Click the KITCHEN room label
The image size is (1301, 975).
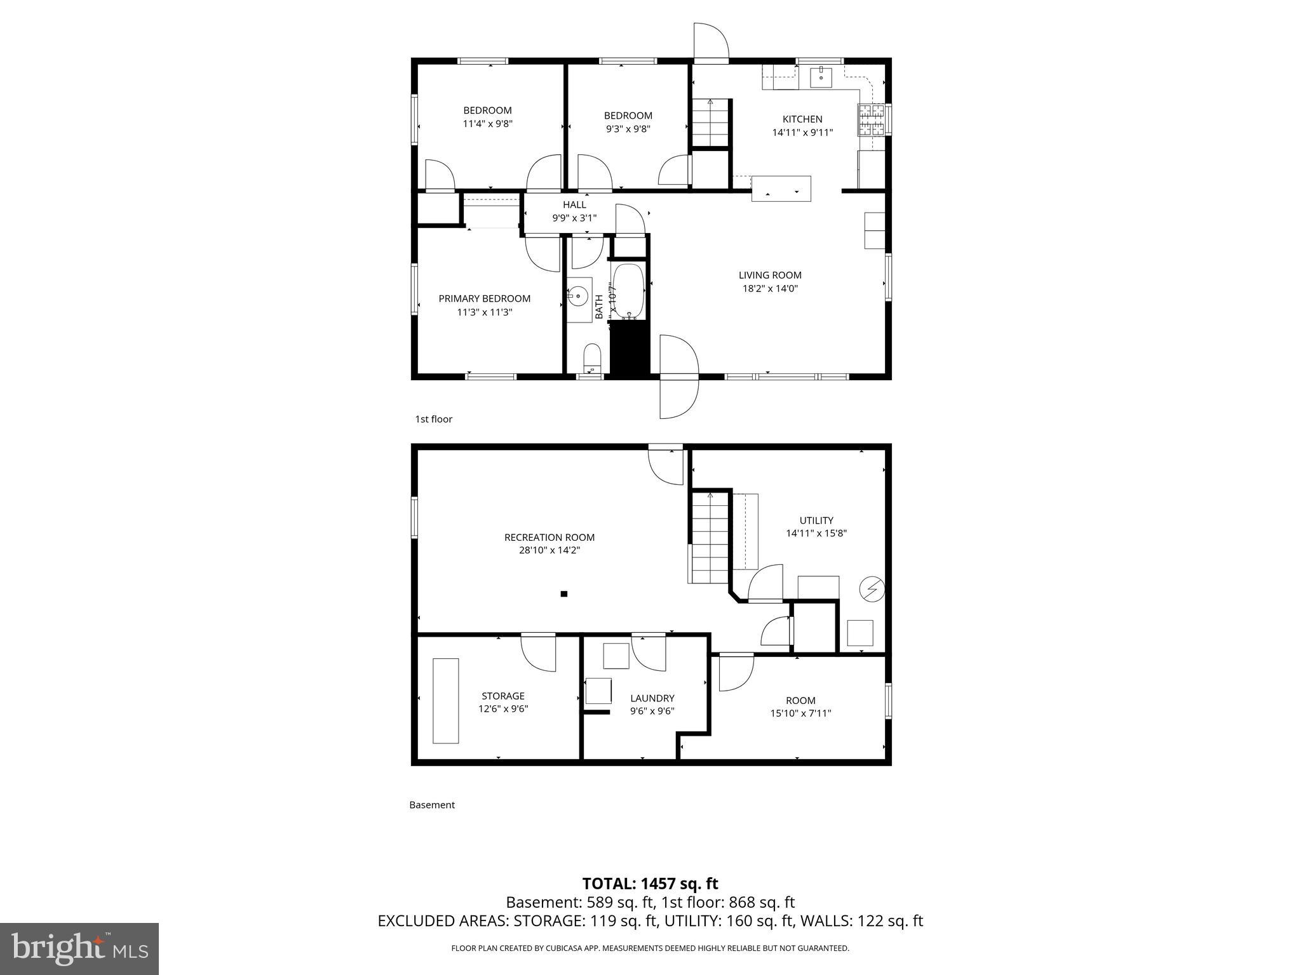(x=802, y=119)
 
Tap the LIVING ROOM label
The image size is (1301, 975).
(x=770, y=275)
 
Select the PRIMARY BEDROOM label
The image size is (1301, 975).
(x=484, y=299)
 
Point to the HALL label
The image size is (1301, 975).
(x=574, y=205)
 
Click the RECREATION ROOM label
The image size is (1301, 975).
(x=549, y=538)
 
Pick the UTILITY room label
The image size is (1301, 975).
(x=816, y=521)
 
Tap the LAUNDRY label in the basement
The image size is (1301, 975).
(x=652, y=698)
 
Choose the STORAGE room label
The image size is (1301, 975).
(x=503, y=696)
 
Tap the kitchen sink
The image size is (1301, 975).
(x=821, y=77)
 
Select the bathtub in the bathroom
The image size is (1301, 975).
(x=628, y=292)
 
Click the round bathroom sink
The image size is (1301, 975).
(x=578, y=296)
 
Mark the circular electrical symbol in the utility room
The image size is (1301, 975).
(x=872, y=589)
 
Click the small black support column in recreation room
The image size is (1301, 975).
(x=563, y=594)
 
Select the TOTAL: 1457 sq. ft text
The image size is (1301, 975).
(x=650, y=884)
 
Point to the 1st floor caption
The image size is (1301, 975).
(x=433, y=419)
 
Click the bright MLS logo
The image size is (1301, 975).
(x=79, y=948)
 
